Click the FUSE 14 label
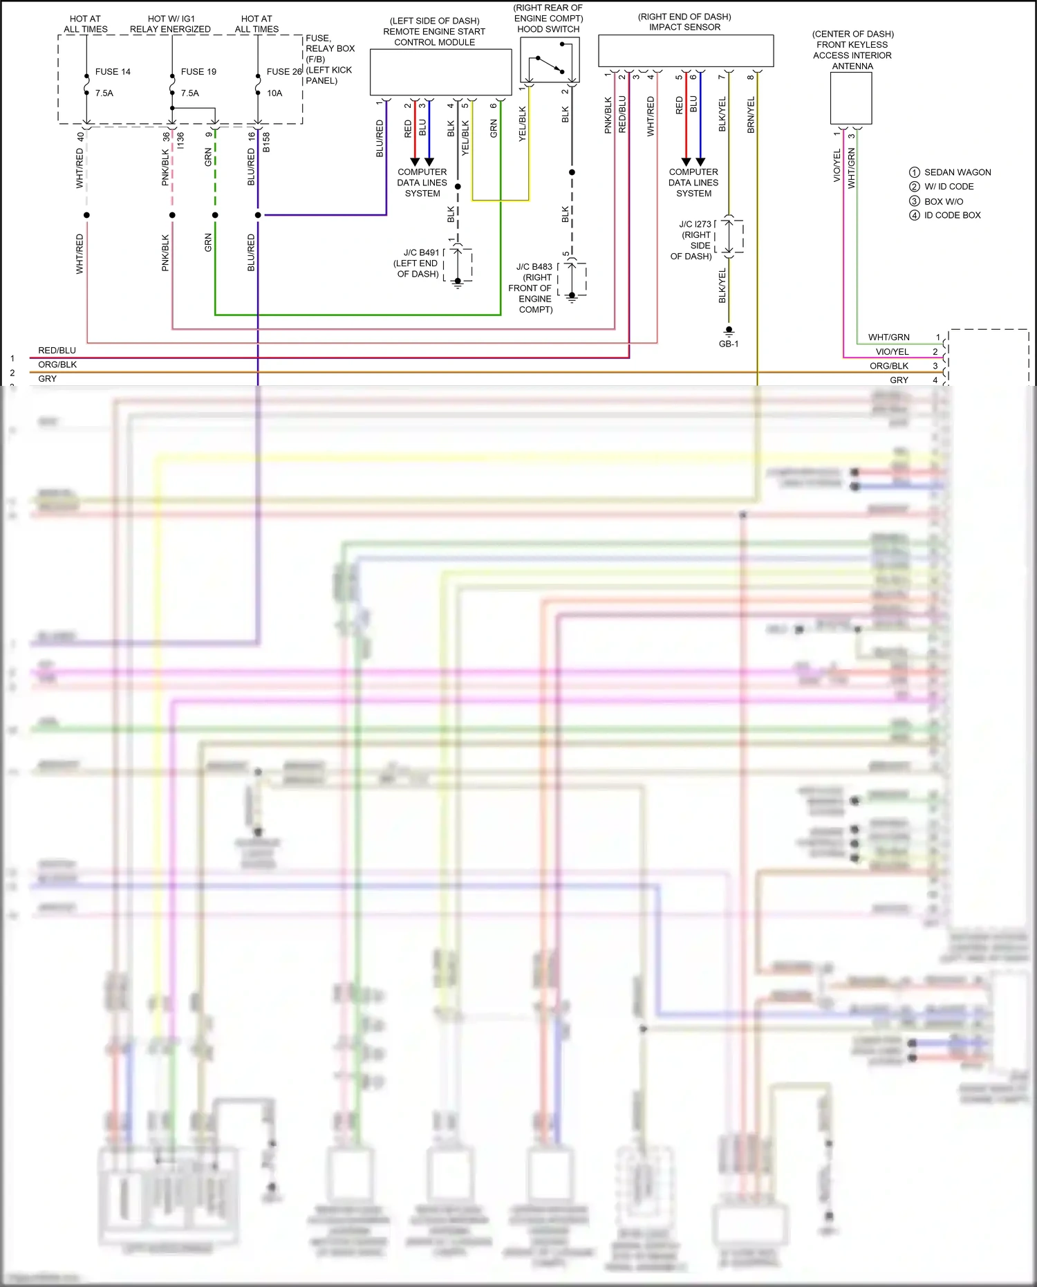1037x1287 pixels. point(112,72)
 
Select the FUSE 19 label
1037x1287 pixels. point(198,72)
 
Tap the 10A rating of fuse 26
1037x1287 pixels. point(274,93)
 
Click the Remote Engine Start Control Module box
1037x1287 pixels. point(440,72)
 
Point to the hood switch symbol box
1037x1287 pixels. point(550,60)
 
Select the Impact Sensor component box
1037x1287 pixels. point(685,50)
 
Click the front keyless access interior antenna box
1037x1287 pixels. point(851,98)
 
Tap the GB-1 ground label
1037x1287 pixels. point(729,344)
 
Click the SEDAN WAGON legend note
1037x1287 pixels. point(957,172)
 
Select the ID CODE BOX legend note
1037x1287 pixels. point(952,215)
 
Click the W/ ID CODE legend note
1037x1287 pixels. point(949,187)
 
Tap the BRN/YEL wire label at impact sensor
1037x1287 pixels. point(751,115)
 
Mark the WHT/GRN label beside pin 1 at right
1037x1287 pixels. point(888,337)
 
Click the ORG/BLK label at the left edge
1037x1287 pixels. point(57,364)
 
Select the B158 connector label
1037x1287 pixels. point(266,142)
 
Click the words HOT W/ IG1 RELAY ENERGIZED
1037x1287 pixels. point(171,24)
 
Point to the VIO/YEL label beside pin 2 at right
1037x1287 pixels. point(892,352)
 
